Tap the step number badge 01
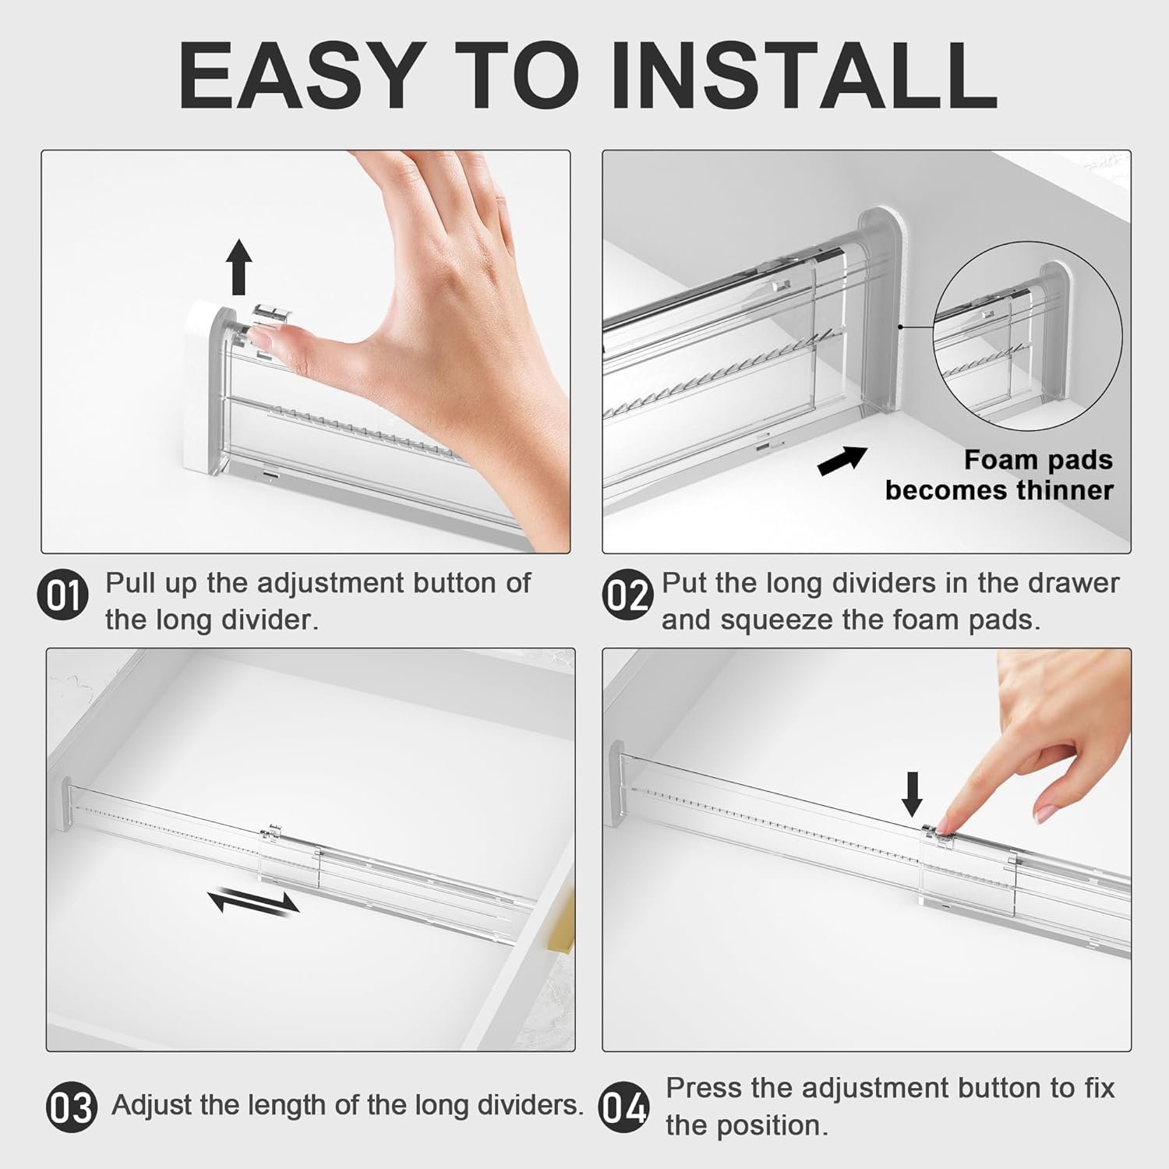(x=63, y=597)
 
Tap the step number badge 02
(x=627, y=597)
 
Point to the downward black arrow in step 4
(x=912, y=794)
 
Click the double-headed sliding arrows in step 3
(x=254, y=903)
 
